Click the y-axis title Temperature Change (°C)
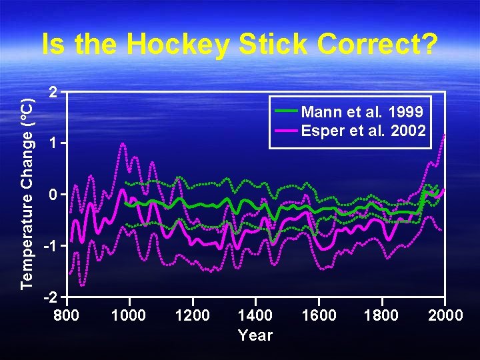[27, 192]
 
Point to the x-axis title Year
[255, 335]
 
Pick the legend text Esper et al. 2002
[363, 130]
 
